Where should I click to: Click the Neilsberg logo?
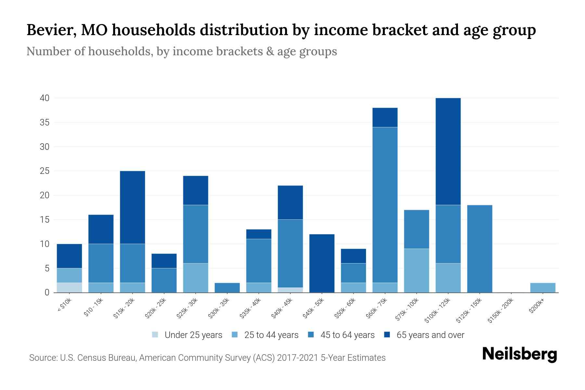[519, 354]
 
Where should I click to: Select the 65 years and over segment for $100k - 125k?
[448, 151]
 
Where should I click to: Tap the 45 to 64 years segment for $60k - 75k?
[385, 205]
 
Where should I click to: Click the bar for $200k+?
[543, 288]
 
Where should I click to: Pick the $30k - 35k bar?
[227, 288]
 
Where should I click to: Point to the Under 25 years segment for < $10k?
[69, 288]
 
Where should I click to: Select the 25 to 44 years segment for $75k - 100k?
[416, 270]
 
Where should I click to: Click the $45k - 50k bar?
[322, 263]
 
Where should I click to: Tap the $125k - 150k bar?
[480, 249]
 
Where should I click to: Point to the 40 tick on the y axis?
[45, 98]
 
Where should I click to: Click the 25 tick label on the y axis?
[45, 171]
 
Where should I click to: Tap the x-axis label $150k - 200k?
[501, 311]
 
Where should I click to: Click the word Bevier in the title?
[51, 30]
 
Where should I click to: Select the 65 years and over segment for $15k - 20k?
[132, 207]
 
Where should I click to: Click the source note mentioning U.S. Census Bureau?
[207, 358]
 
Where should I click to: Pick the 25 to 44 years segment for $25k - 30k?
[196, 278]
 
